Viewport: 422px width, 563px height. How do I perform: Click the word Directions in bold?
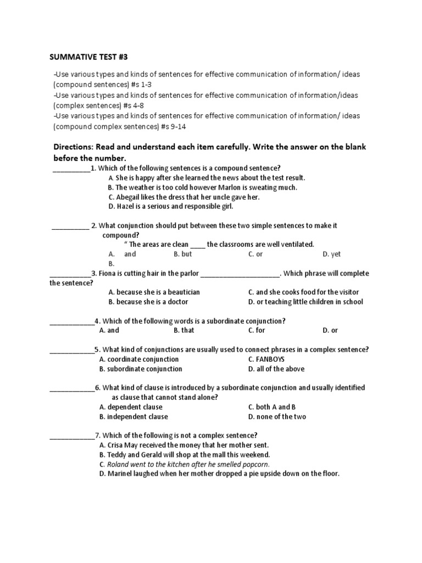(74, 147)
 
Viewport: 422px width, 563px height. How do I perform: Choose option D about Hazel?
(170, 206)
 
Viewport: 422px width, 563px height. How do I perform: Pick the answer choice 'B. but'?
(182, 254)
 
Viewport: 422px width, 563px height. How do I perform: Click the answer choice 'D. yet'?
(332, 254)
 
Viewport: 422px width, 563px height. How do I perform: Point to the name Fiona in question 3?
(108, 273)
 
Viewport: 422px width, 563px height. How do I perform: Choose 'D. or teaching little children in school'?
(305, 301)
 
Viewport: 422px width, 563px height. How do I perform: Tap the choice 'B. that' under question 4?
(184, 330)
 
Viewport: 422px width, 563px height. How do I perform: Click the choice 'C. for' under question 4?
(256, 330)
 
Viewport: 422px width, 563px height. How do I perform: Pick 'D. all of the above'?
(276, 368)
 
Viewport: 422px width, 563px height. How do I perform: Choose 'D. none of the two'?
(277, 416)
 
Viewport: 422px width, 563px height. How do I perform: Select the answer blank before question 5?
(71, 350)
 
